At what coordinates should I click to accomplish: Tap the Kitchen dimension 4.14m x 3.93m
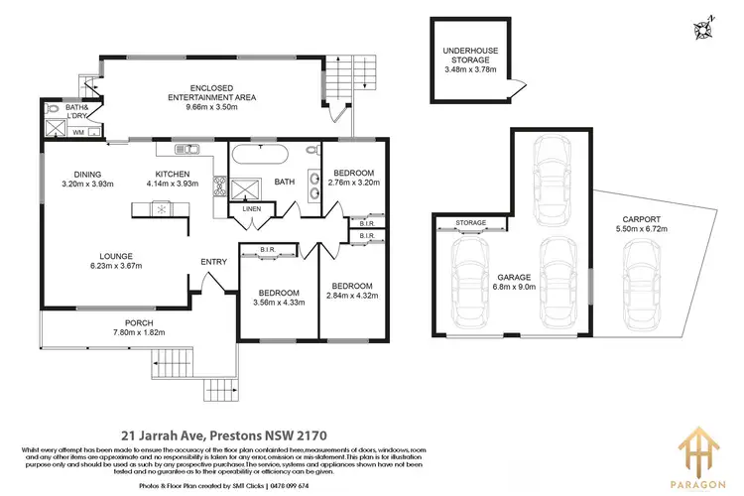(x=173, y=184)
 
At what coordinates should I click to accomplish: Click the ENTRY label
(x=213, y=262)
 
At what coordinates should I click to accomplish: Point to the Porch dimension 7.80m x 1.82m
(x=131, y=333)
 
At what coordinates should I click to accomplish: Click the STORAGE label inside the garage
(x=470, y=223)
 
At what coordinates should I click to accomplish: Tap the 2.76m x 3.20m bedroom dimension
(x=352, y=184)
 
